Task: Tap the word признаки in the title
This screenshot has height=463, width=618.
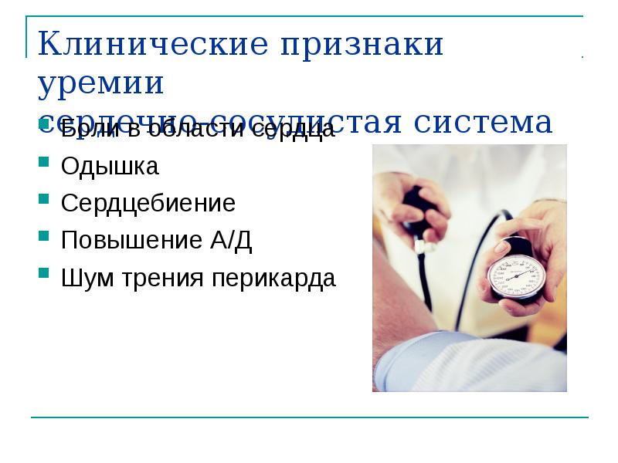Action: coord(362,44)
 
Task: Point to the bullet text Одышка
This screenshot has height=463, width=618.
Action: coord(110,166)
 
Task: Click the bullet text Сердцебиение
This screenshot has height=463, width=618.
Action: coord(148,204)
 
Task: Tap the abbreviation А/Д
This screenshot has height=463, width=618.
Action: coord(231,241)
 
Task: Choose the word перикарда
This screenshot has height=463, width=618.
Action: coord(273,279)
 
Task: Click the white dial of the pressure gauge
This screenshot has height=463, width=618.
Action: coord(517,275)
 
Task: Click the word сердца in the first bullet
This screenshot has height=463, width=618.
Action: coord(298,129)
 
